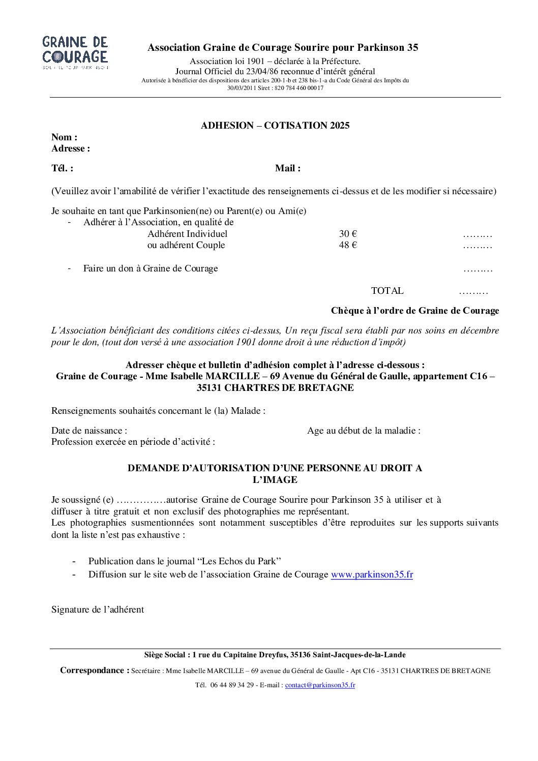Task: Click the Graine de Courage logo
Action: pyautogui.click(x=75, y=52)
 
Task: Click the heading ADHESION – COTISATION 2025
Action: pyautogui.click(x=275, y=126)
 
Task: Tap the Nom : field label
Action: pyautogui.click(x=65, y=137)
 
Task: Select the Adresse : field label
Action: pyautogui.click(x=71, y=149)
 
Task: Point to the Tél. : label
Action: pyautogui.click(x=62, y=168)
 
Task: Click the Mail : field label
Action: pyautogui.click(x=288, y=168)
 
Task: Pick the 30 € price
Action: pyautogui.click(x=348, y=234)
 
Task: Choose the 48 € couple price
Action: pyautogui.click(x=348, y=245)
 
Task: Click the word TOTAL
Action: pyautogui.click(x=387, y=291)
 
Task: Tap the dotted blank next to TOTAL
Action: pyautogui.click(x=473, y=292)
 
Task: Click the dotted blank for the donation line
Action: pyautogui.click(x=477, y=269)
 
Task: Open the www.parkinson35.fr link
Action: pyautogui.click(x=372, y=574)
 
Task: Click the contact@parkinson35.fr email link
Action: pyautogui.click(x=320, y=685)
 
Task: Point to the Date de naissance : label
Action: pyautogui.click(x=89, y=431)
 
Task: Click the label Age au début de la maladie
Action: pyautogui.click(x=364, y=431)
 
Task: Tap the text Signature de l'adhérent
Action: pyautogui.click(x=98, y=610)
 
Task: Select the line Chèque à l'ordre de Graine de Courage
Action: pyautogui.click(x=415, y=311)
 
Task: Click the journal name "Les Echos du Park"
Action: pyautogui.click(x=239, y=561)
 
